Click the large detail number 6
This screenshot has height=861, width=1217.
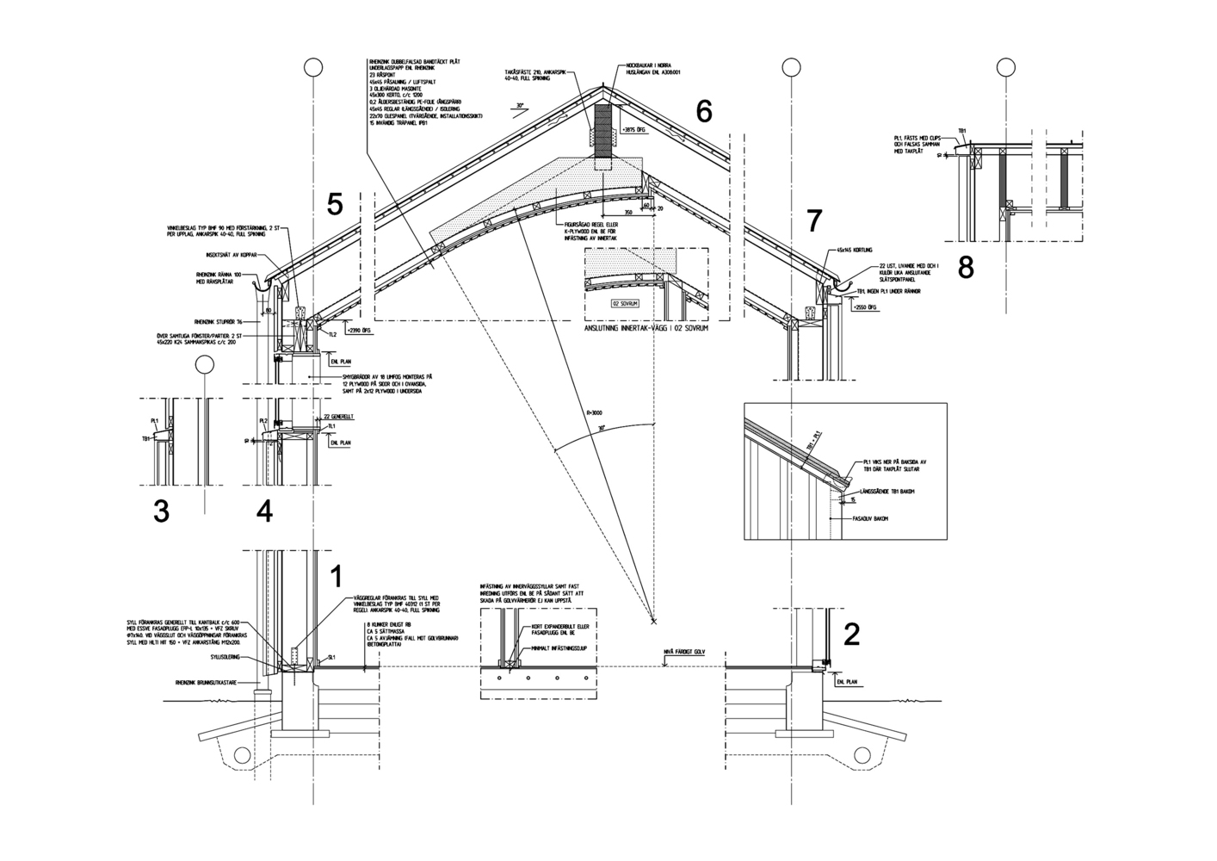(x=704, y=111)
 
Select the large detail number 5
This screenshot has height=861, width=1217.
(x=335, y=204)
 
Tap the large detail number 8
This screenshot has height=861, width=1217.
(x=966, y=268)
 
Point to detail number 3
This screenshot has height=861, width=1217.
(x=161, y=511)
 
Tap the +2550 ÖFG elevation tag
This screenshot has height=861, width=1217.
(x=866, y=306)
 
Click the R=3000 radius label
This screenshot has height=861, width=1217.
(x=595, y=414)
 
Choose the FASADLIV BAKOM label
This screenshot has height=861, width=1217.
(x=870, y=518)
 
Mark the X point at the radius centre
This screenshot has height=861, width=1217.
(x=653, y=620)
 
